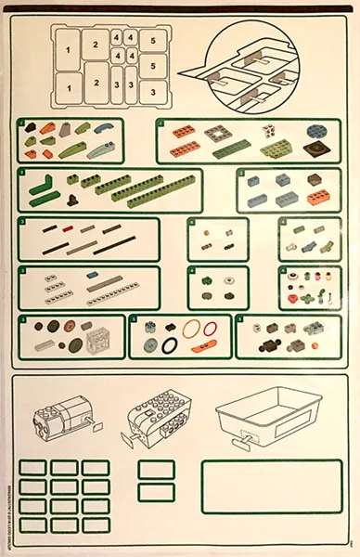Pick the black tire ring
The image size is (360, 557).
170,345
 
